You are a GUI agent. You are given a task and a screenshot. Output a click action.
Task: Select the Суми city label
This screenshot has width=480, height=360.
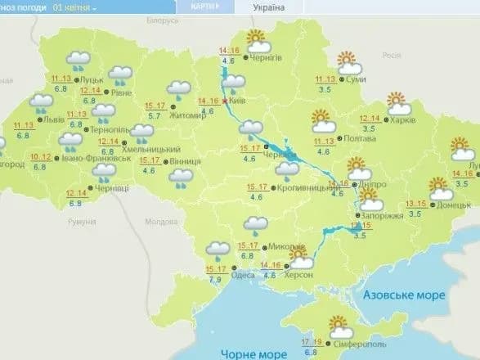(x=355, y=79)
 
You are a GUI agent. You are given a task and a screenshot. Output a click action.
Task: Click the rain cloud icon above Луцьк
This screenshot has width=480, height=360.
(x=79, y=60)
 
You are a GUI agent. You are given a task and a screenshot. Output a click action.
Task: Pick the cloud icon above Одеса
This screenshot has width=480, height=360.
(x=218, y=249)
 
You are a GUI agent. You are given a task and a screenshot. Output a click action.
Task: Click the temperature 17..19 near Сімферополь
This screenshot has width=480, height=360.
(x=310, y=341)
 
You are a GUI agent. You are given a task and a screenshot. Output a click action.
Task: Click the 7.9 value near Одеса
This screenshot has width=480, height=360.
(x=216, y=280)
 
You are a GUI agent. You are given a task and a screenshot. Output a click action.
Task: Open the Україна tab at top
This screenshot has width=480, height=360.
(x=267, y=7)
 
